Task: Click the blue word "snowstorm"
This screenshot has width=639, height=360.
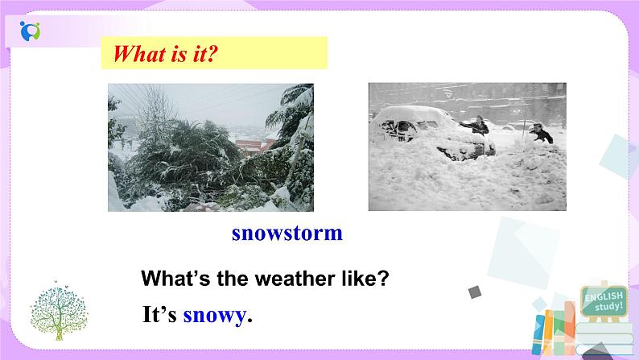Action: [x=287, y=234]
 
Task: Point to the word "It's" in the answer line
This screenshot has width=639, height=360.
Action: [x=159, y=315]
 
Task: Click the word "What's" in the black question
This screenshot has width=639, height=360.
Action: [x=171, y=279]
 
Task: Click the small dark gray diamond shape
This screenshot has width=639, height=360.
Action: [x=474, y=292]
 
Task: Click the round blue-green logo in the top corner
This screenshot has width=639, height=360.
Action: [x=31, y=33]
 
